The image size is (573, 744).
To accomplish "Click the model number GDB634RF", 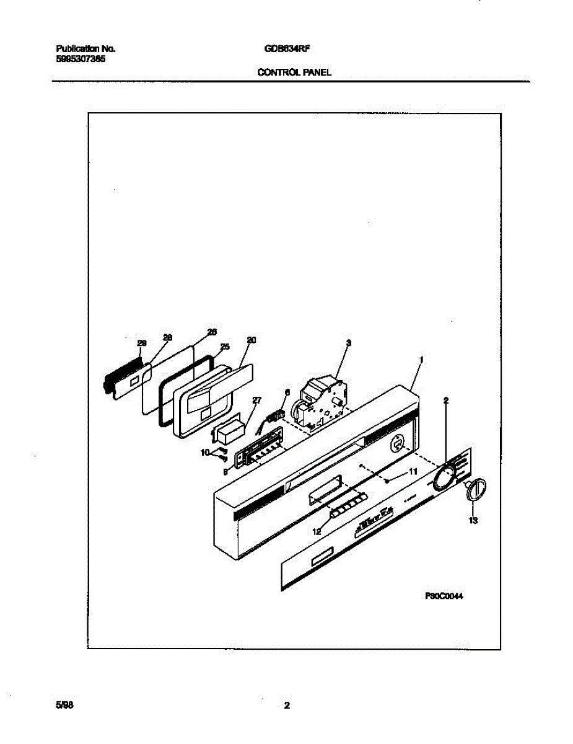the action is click(282, 48).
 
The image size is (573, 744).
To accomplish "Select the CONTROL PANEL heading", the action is click(294, 73).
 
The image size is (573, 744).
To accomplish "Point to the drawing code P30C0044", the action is click(444, 596).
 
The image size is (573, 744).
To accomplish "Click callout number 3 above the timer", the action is click(349, 342).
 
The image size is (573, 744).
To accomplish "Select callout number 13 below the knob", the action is click(473, 521).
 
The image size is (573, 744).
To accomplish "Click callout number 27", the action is click(257, 401).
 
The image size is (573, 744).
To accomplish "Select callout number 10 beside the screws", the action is click(205, 453).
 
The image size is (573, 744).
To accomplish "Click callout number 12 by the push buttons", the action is click(317, 531).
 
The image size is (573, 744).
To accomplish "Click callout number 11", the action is click(412, 472).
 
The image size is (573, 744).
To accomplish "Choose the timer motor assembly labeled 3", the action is click(320, 404).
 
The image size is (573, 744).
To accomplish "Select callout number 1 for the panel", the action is click(421, 359).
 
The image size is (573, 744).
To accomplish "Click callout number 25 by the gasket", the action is click(225, 347).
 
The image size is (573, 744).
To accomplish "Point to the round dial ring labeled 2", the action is click(444, 478).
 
